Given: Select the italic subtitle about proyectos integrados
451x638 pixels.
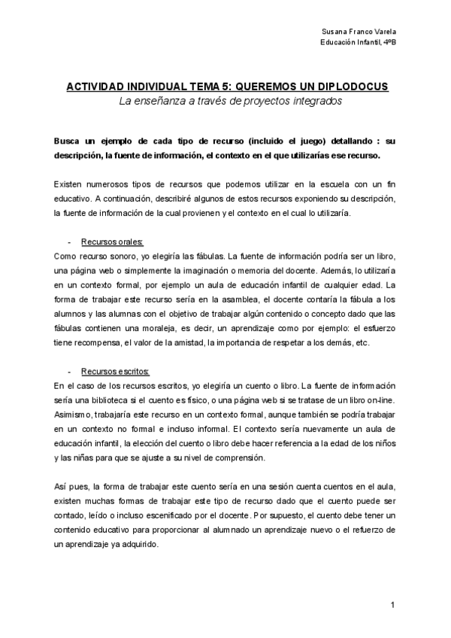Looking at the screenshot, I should click(x=226, y=101).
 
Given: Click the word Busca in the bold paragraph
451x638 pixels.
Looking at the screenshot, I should click(x=69, y=142).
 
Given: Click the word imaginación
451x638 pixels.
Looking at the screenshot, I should click(x=217, y=270).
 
